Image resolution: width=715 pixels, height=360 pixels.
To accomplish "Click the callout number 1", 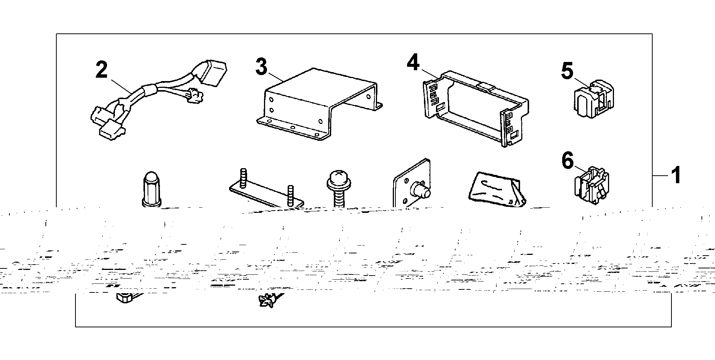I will (x=676, y=175).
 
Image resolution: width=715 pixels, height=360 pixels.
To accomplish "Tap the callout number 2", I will (x=101, y=70).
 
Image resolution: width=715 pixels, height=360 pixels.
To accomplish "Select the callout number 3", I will (x=261, y=66).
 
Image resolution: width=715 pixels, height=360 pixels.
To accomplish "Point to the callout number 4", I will (x=413, y=62).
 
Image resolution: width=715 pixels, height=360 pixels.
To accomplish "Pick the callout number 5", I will (x=567, y=71).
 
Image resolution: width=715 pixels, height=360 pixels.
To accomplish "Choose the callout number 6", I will (x=567, y=161).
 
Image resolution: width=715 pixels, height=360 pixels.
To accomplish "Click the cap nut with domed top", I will (x=152, y=190).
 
